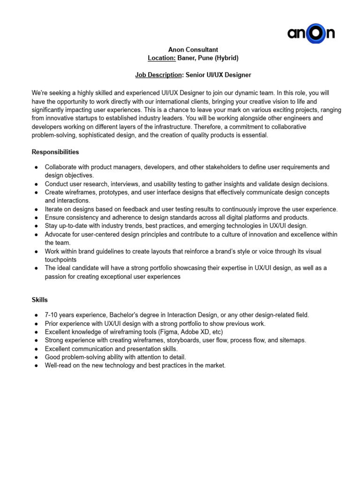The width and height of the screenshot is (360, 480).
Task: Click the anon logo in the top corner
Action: [x=311, y=34]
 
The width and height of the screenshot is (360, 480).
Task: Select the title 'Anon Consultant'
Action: [x=193, y=50]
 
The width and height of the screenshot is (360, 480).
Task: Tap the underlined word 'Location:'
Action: [x=162, y=58]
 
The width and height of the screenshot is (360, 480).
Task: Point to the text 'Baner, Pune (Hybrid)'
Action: [x=208, y=58]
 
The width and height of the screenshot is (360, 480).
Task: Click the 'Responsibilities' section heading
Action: [x=55, y=152]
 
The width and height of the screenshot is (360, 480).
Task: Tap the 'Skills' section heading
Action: [x=40, y=300]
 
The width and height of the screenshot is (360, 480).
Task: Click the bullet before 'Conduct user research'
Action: [x=37, y=184]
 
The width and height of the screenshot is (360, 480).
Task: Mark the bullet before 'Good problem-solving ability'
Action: [x=37, y=358]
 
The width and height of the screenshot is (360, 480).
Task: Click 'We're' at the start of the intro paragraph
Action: [x=39, y=93]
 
